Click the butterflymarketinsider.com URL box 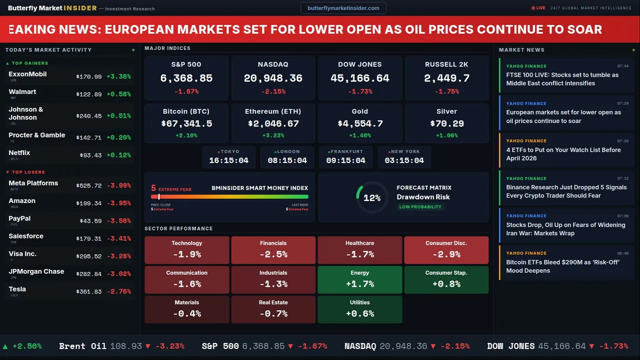[343, 8]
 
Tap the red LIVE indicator [538, 8]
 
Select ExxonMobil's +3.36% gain [118, 76]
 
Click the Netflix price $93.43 [90, 155]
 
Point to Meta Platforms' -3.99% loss [118, 185]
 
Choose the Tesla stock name [17, 289]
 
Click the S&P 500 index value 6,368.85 [186, 78]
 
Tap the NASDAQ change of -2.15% [273, 91]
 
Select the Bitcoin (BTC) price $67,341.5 [186, 123]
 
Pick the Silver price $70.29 [446, 123]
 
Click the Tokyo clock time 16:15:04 [228, 160]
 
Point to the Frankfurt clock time [345, 160]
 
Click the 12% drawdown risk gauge [371, 198]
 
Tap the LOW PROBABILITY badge [420, 207]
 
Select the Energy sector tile [359, 279]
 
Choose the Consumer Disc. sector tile [446, 249]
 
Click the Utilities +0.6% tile [359, 309]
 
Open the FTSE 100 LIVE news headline [562, 79]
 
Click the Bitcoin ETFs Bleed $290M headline [562, 266]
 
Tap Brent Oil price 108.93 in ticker [126, 346]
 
